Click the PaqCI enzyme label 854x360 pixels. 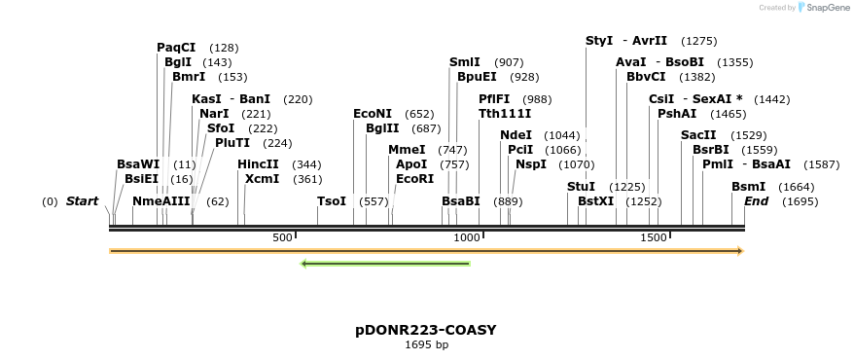[x=176, y=47]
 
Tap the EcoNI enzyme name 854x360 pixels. [x=373, y=114]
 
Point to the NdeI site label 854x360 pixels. [x=516, y=134]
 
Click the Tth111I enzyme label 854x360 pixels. [x=505, y=113]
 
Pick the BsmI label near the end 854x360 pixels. [x=748, y=186]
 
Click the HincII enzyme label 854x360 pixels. [x=258, y=164]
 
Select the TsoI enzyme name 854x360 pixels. [x=332, y=200]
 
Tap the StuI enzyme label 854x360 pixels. [x=581, y=186]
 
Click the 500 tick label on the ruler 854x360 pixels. [x=282, y=238]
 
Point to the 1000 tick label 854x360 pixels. [x=468, y=238]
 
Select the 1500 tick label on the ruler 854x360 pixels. [x=653, y=238]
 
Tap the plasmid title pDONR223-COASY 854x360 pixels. [x=426, y=330]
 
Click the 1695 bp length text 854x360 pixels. [x=426, y=344]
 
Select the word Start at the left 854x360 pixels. [x=82, y=201]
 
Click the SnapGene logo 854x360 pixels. [x=823, y=8]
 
